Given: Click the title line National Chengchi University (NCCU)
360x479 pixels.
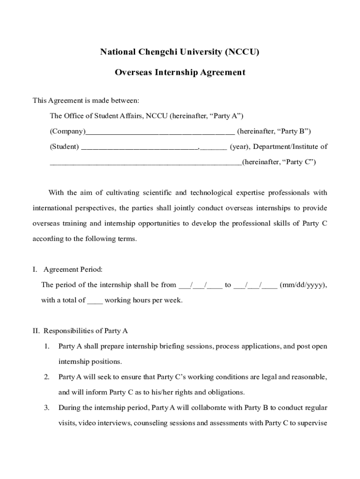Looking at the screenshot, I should (x=180, y=52).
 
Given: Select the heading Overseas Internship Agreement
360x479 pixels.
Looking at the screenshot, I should (x=180, y=73).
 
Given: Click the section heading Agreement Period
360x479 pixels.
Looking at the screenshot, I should (x=73, y=269).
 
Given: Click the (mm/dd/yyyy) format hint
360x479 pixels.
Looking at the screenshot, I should (x=303, y=285).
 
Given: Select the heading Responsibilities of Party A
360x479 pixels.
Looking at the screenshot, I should (x=86, y=331).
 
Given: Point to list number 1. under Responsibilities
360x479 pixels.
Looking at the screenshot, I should (x=47, y=347).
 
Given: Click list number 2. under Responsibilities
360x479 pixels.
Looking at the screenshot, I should (x=47, y=377).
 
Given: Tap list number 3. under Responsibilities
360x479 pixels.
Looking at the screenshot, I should (x=47, y=408).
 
